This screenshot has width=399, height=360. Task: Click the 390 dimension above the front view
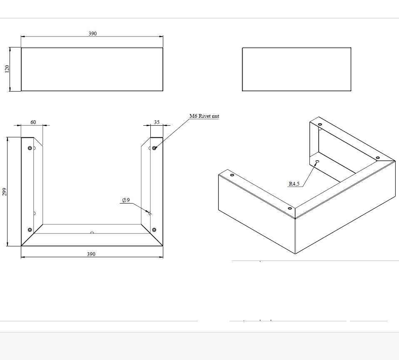[x=92, y=34]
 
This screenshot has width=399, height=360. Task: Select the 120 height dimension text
[x=7, y=69]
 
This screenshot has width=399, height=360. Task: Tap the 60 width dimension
[x=33, y=122]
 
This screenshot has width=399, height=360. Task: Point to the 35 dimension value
[x=157, y=122]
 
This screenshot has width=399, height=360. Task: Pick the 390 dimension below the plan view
[x=91, y=254]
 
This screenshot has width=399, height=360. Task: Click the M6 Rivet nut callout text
[x=204, y=116]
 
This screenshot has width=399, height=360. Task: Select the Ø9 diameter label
[x=126, y=200]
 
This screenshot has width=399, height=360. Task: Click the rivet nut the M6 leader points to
[x=155, y=148]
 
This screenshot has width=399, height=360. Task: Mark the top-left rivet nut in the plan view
[x=30, y=148]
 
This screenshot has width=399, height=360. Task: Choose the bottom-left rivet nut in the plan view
[x=30, y=230]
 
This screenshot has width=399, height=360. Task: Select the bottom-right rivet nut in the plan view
[x=155, y=230]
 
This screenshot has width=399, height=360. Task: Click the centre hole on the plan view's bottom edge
[x=92, y=233]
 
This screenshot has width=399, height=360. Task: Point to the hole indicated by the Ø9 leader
[x=150, y=213]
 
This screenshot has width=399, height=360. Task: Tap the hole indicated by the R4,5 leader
[x=317, y=161]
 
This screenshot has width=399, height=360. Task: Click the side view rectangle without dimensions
[x=296, y=69]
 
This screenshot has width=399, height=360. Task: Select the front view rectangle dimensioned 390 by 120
[x=92, y=69]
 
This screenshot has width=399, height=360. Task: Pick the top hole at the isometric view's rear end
[x=320, y=124]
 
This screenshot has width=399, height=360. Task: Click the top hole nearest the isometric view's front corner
[x=289, y=208]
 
